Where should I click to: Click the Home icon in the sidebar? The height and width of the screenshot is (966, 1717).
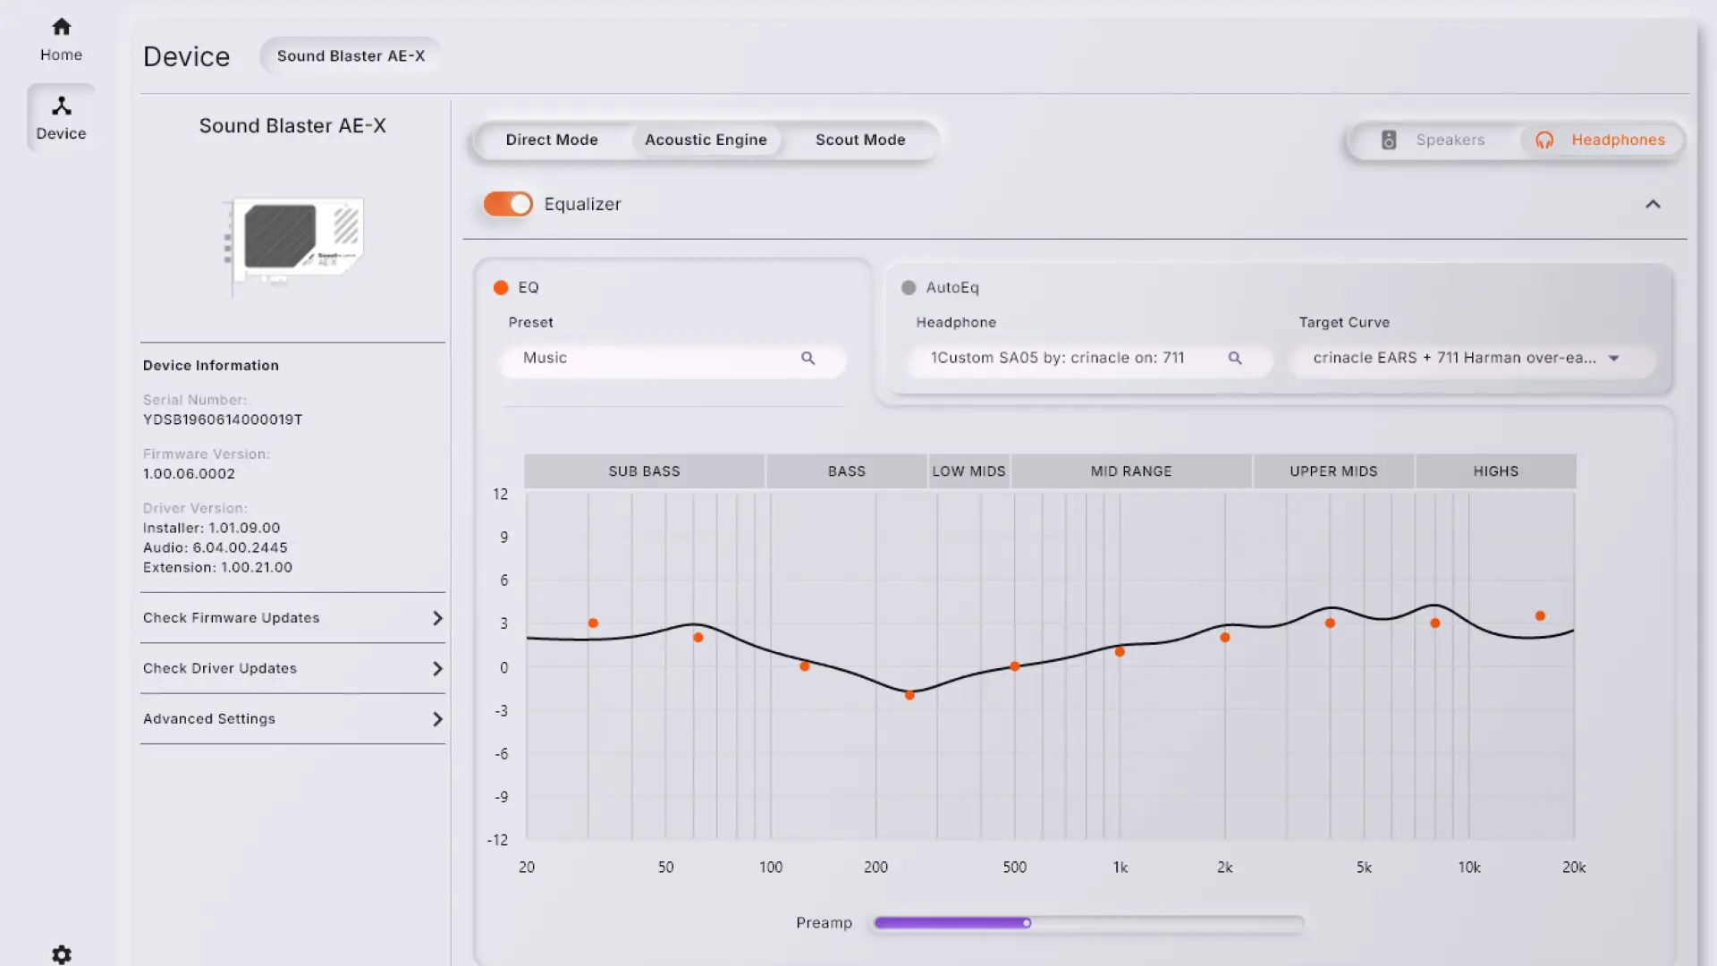pos(61,27)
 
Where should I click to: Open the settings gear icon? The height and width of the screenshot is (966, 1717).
pos(62,954)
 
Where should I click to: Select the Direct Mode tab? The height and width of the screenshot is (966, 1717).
pos(552,140)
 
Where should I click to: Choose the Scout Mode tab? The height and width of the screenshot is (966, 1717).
pos(860,140)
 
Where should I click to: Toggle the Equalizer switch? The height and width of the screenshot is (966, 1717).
pos(508,204)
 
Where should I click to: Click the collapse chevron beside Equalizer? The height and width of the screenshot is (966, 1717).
pos(1653,205)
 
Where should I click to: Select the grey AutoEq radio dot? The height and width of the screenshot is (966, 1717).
pos(909,287)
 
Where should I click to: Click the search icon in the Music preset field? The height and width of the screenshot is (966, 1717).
pos(808,358)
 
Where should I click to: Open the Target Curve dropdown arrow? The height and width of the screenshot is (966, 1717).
pos(1614,359)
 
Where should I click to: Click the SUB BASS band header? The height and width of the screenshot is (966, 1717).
pos(644,471)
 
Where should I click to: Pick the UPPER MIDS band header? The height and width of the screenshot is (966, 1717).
pos(1333,471)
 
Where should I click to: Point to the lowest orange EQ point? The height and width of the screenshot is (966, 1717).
pos(909,695)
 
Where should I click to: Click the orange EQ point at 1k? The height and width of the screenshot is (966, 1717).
pos(1120,652)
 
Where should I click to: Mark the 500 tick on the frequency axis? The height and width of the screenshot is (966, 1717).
pos(1015,867)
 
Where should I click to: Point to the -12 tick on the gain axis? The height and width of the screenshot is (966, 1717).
pos(497,840)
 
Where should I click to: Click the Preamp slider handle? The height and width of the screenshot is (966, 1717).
pos(1027,923)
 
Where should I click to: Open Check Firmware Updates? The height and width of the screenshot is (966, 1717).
pos(293,618)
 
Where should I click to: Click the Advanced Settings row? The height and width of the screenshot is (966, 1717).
pos(293,719)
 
